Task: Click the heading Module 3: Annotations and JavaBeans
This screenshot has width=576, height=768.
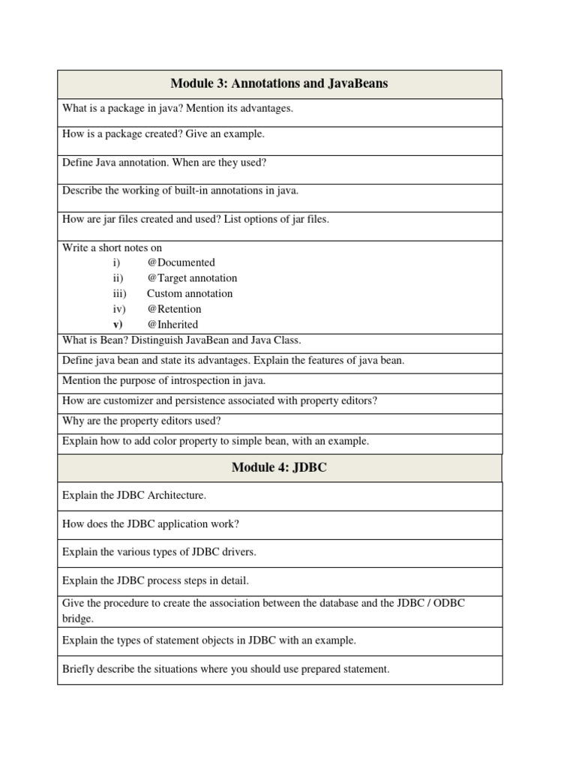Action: [x=279, y=83]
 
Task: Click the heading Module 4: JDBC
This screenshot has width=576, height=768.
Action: [x=279, y=468]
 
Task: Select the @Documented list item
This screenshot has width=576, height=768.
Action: [x=181, y=262]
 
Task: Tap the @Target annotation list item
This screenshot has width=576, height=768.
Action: [x=192, y=278]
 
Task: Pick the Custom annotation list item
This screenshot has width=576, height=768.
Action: [x=190, y=294]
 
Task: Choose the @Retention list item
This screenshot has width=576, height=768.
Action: [x=174, y=309]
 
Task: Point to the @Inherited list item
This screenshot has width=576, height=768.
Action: [x=172, y=325]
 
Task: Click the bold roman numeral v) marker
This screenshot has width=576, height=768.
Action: [x=118, y=325]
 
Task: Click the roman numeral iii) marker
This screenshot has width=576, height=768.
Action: [x=120, y=294]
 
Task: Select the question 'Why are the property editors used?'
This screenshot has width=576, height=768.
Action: [x=142, y=421]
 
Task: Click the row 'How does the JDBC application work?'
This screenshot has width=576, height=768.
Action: [x=151, y=523]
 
